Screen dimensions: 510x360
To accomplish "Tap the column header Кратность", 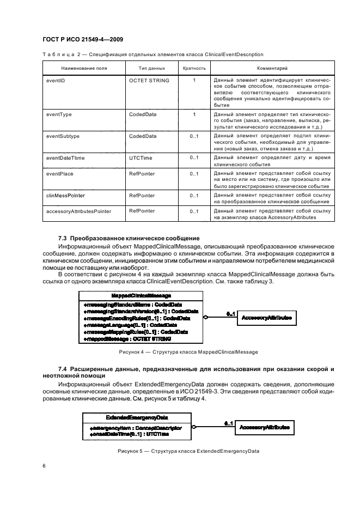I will pyautogui.click(x=193, y=69).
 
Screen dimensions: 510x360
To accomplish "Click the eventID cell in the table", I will pyautogui.click(x=56, y=81).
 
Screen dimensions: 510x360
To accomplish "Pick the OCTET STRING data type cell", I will pyautogui.click(x=149, y=81).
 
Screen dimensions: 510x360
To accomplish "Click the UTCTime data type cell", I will pyautogui.click(x=141, y=157).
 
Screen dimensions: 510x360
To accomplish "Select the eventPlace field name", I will pyautogui.click(x=60, y=174).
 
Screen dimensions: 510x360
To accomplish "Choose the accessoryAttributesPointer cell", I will pyautogui.click(x=79, y=211).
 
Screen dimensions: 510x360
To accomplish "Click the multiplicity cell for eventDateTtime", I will pyautogui.click(x=193, y=157).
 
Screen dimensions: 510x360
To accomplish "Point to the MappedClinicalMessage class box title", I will pyautogui.click(x=141, y=295).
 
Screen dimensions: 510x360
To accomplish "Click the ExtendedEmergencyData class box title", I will pyautogui.click(x=136, y=417).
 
